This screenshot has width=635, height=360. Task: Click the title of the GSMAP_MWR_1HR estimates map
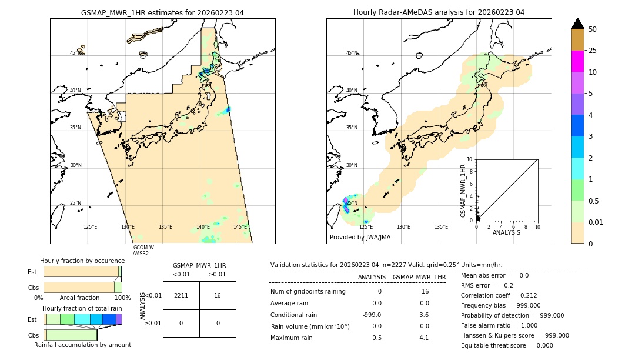[162, 12]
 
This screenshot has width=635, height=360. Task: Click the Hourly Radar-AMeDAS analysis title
[439, 12]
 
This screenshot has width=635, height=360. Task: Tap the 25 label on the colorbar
[593, 51]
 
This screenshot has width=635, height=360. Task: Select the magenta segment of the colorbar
[578, 61]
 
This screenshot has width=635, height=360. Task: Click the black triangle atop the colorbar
[578, 24]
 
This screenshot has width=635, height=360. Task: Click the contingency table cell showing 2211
[181, 295]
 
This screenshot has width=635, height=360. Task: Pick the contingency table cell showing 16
[218, 295]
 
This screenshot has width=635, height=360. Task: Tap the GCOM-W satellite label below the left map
[143, 248]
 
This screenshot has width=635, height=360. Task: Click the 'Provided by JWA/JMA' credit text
[360, 238]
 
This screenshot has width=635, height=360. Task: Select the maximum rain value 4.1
[423, 338]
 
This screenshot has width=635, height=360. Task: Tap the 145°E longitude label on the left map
[240, 227]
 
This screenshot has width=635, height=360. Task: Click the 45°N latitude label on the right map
[352, 53]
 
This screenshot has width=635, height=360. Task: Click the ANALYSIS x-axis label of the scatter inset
[507, 233]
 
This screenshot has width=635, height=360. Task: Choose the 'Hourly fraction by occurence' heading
[82, 261]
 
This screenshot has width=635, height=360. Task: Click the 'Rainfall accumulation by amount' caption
[82, 345]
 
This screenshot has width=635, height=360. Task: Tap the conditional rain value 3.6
[423, 315]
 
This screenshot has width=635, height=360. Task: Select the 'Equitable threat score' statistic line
[507, 345]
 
